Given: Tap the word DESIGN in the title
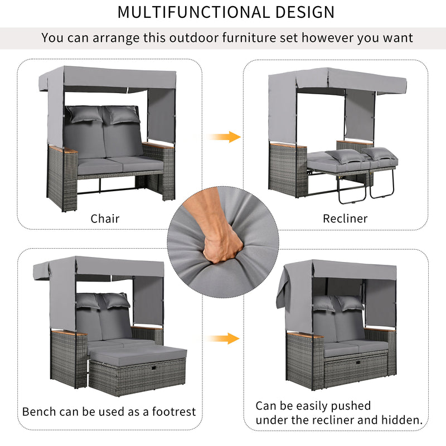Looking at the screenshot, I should [x=304, y=12].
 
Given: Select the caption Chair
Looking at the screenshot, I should [x=105, y=219].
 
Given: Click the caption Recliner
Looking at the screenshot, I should [x=345, y=219].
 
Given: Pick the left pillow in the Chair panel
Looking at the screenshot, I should [x=84, y=114].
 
